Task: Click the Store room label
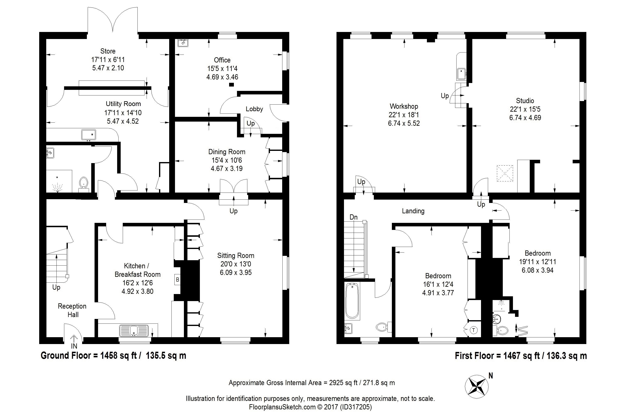click(x=108, y=51)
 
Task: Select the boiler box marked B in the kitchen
click(x=177, y=280)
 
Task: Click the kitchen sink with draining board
click(x=134, y=331)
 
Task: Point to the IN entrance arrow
click(x=74, y=338)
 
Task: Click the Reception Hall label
click(x=72, y=310)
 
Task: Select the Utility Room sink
click(x=89, y=135)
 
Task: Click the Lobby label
click(x=254, y=109)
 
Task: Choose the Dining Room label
click(x=227, y=152)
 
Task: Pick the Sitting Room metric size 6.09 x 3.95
click(x=236, y=272)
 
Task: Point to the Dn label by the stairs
click(x=354, y=217)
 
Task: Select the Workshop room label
click(x=404, y=106)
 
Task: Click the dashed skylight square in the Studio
click(x=505, y=173)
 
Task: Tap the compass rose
click(x=476, y=387)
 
